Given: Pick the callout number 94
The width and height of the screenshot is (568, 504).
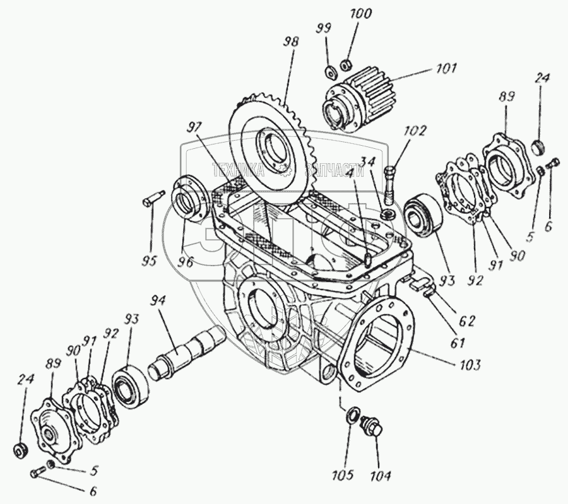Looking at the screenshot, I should tap(158, 302).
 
